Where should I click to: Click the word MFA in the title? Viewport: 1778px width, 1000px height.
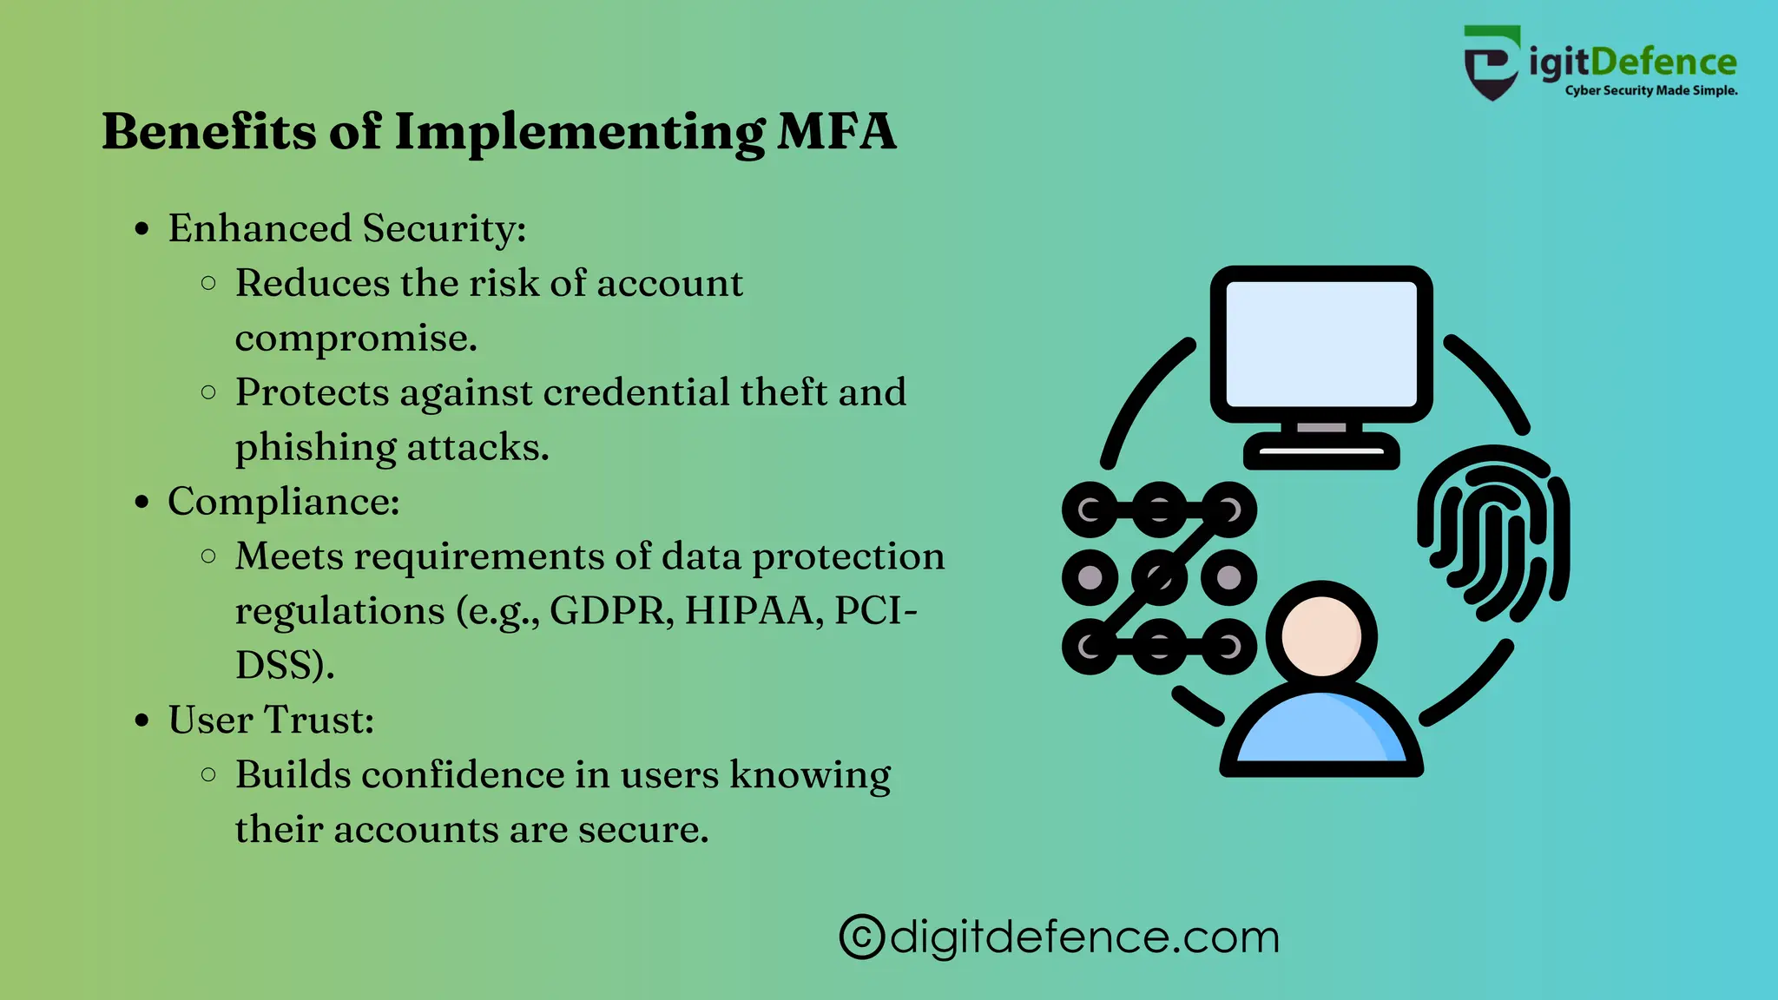click(x=835, y=132)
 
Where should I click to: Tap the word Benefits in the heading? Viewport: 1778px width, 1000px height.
click(x=208, y=132)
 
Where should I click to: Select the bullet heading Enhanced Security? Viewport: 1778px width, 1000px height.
click(x=346, y=228)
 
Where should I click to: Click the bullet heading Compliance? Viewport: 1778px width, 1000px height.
click(x=283, y=502)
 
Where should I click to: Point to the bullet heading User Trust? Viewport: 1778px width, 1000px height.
click(x=271, y=720)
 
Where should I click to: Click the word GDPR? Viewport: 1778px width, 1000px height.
click(x=611, y=610)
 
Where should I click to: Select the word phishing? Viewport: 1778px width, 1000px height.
click(x=315, y=448)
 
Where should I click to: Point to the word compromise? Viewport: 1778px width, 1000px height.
click(x=355, y=339)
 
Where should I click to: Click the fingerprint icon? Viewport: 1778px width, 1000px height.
click(x=1493, y=533)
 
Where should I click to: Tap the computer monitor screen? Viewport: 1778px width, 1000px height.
click(x=1320, y=344)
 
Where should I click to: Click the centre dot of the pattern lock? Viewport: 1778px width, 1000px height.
click(x=1159, y=577)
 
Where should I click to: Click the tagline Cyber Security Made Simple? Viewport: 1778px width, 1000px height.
click(x=1650, y=90)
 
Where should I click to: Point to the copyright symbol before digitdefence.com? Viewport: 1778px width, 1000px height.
click(x=862, y=937)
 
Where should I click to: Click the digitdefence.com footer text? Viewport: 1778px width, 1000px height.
click(x=1084, y=937)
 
